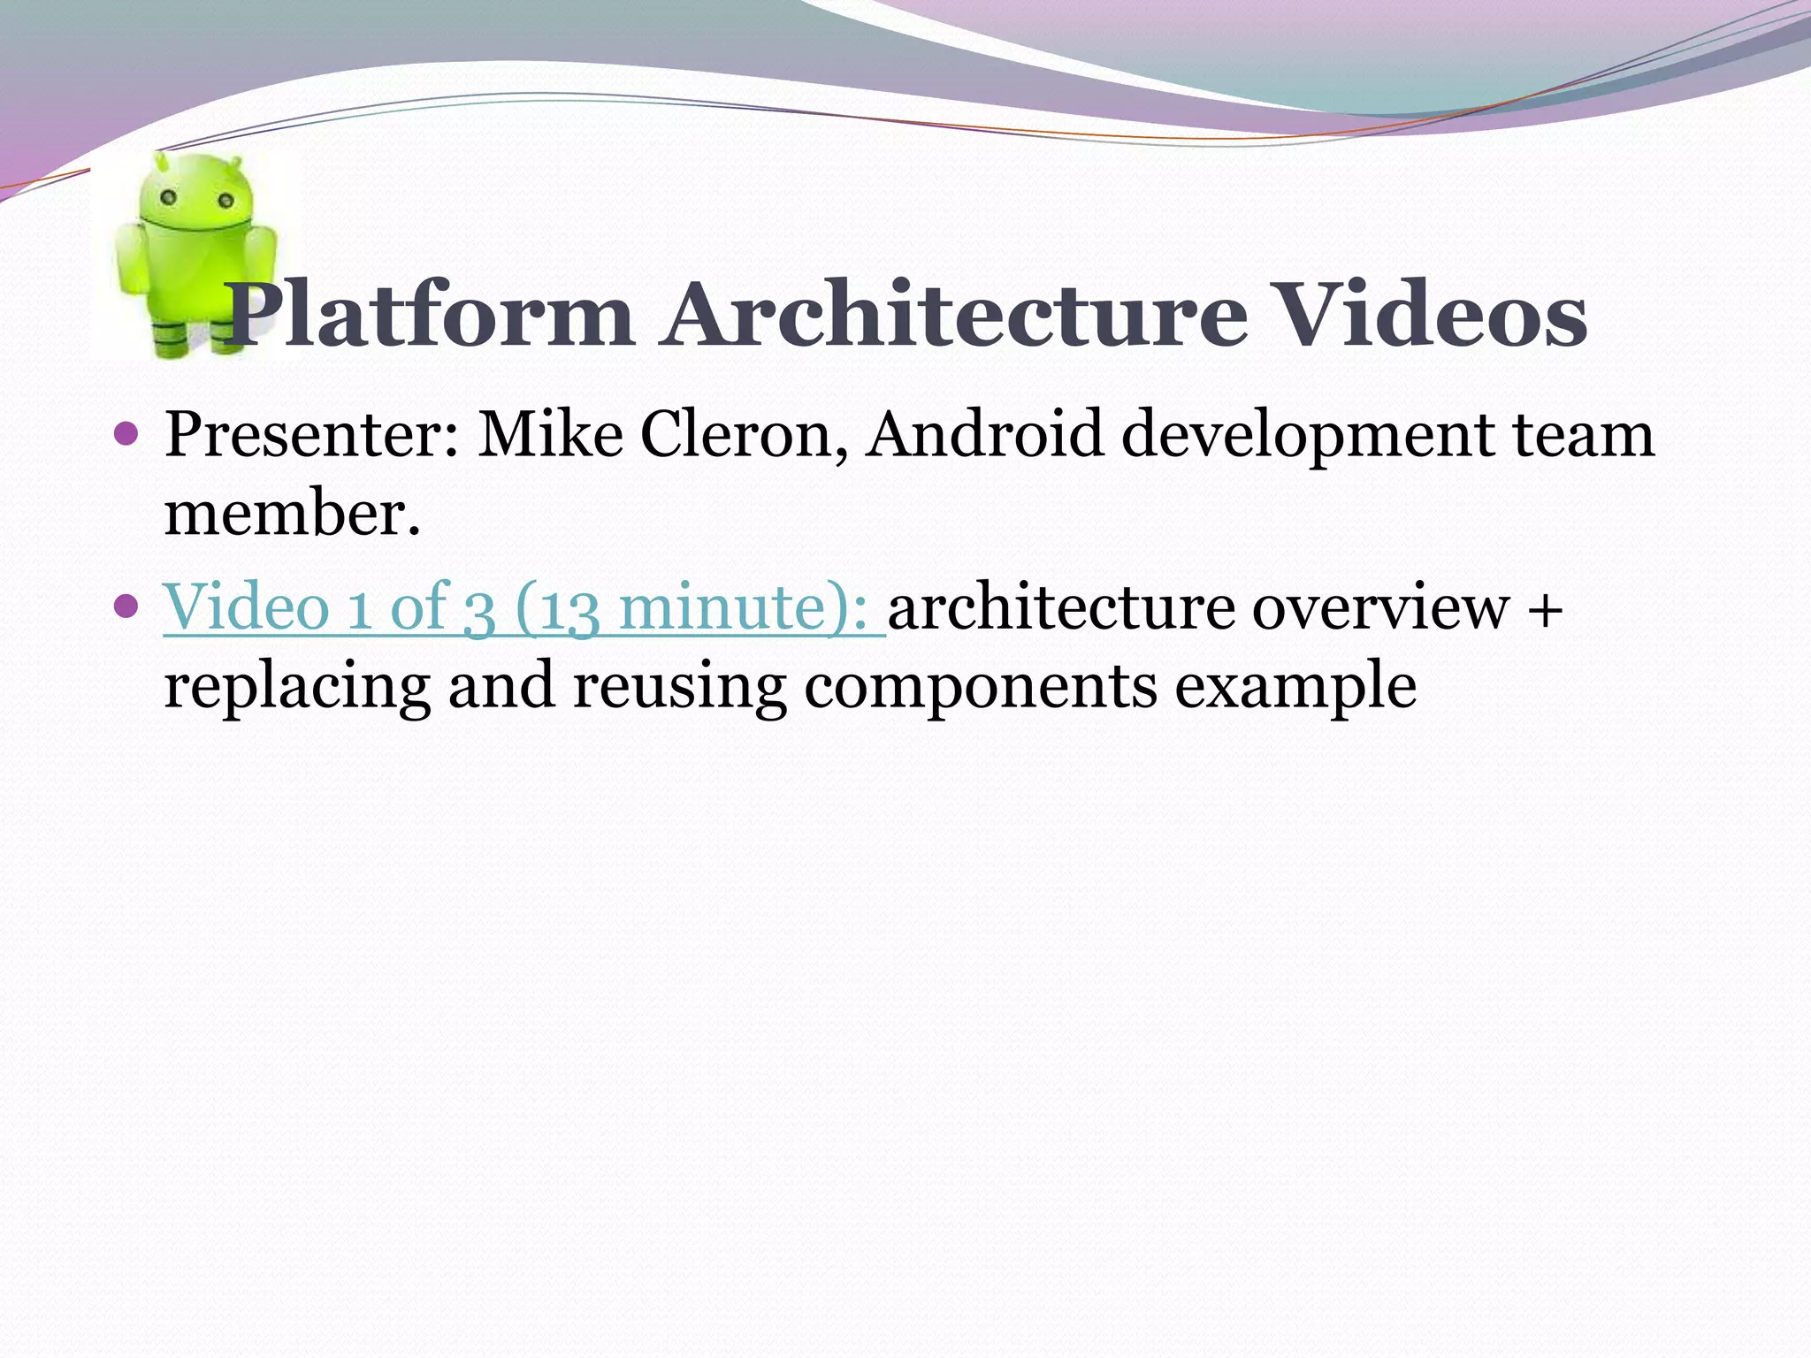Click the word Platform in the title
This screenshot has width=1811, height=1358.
tap(430, 315)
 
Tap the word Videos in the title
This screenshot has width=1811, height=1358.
tap(1432, 315)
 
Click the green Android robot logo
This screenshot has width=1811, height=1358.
tap(195, 256)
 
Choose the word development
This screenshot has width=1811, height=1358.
tap(1308, 437)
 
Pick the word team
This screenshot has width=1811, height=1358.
tap(1582, 435)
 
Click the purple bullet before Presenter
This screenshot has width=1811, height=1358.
tap(127, 435)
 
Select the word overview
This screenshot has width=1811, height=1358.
tap(1380, 608)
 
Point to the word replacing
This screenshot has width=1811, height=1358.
tap(297, 688)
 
